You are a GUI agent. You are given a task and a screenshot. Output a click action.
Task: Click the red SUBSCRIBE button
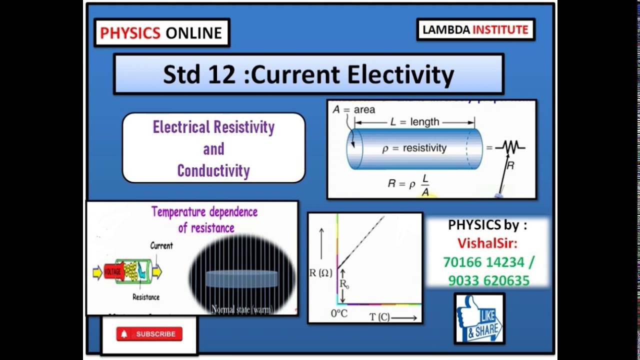point(149,334)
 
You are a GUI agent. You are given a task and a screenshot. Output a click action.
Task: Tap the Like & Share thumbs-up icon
point(478,318)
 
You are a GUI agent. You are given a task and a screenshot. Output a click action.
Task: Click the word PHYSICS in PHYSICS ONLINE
point(130,33)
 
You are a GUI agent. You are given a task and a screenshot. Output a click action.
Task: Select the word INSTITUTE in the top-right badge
point(500,29)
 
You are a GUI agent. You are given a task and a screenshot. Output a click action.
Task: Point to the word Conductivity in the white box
point(213,171)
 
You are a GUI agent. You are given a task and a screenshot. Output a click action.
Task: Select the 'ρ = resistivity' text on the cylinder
point(414,148)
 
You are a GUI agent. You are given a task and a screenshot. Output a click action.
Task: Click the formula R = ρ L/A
point(408,184)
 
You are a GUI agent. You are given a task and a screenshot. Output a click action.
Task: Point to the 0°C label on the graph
point(339,313)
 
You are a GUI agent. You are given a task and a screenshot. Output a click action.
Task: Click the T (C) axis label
point(379,317)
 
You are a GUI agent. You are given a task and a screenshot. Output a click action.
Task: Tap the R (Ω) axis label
point(321,273)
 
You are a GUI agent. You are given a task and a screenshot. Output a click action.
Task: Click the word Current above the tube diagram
point(161,245)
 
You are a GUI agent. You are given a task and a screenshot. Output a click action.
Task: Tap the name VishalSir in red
point(487,243)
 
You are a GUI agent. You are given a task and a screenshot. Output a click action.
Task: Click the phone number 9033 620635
point(488,281)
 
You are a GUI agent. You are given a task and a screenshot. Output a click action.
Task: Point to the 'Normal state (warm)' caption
point(242,309)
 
